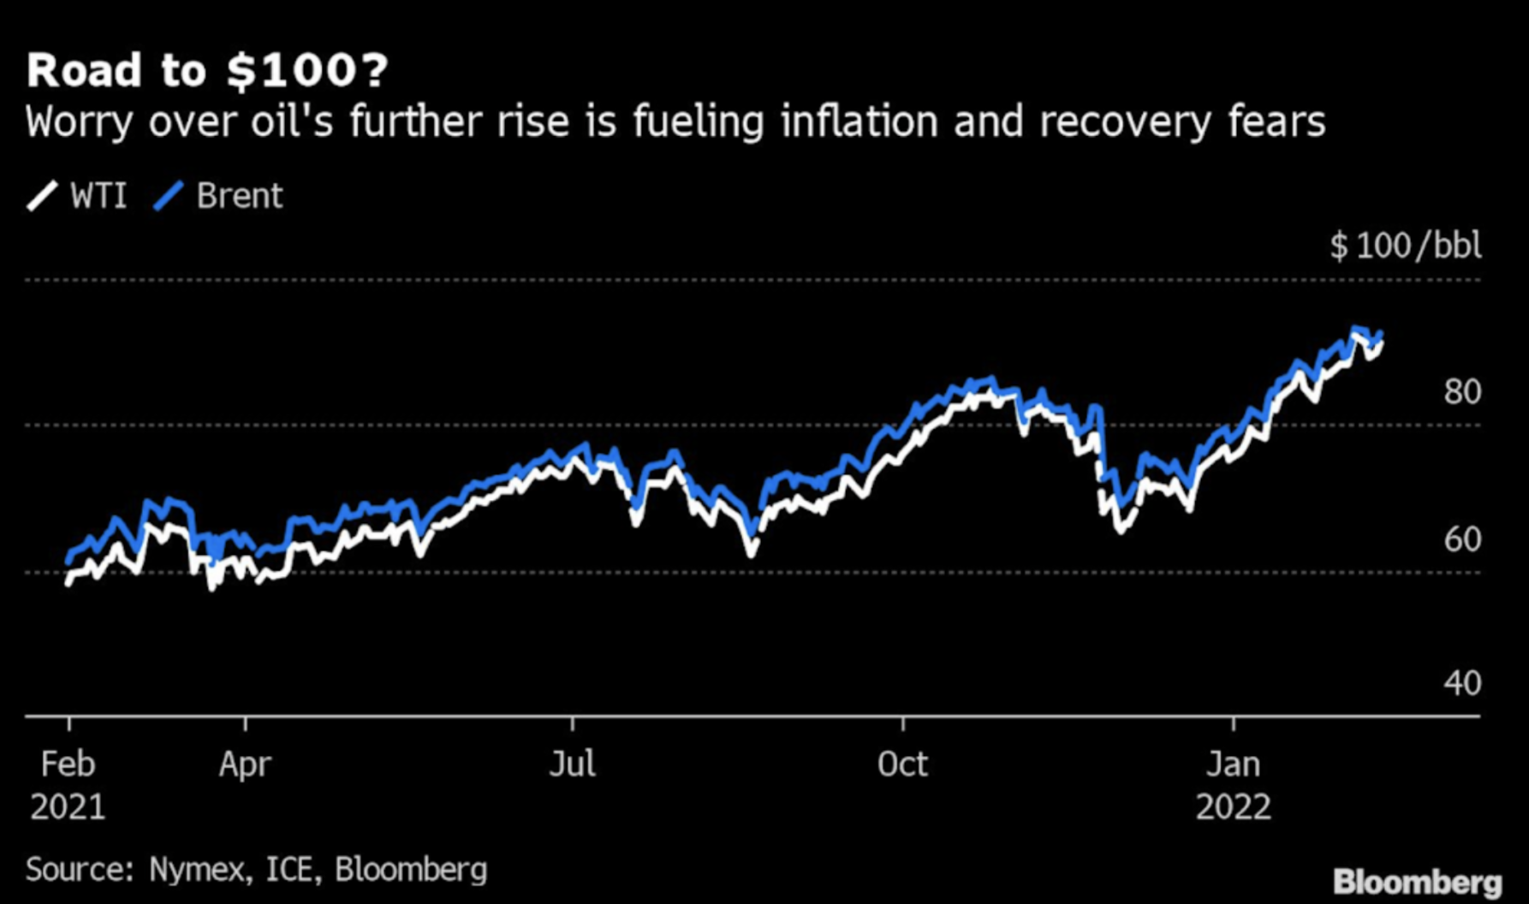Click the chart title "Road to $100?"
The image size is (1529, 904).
point(207,70)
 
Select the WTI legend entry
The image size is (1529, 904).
point(76,196)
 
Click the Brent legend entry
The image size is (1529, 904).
point(217,196)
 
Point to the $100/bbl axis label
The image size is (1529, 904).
point(1405,247)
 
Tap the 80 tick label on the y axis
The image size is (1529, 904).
point(1462,391)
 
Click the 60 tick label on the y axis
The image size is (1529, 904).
point(1462,539)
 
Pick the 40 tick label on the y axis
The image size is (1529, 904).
point(1462,683)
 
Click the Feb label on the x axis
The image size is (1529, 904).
point(68,764)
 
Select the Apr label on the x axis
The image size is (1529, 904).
point(245,764)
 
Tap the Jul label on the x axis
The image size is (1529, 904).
point(572,764)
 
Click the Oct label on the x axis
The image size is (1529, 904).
point(902,764)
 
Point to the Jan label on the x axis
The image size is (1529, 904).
point(1233,764)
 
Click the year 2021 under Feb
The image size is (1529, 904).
point(68,806)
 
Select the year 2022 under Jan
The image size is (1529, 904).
point(1233,806)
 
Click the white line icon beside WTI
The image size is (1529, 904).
point(43,196)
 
